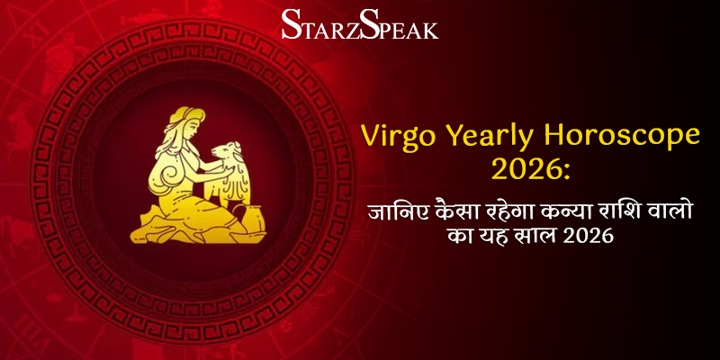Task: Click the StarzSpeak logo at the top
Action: [359, 23]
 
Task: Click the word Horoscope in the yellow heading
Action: [622, 136]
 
